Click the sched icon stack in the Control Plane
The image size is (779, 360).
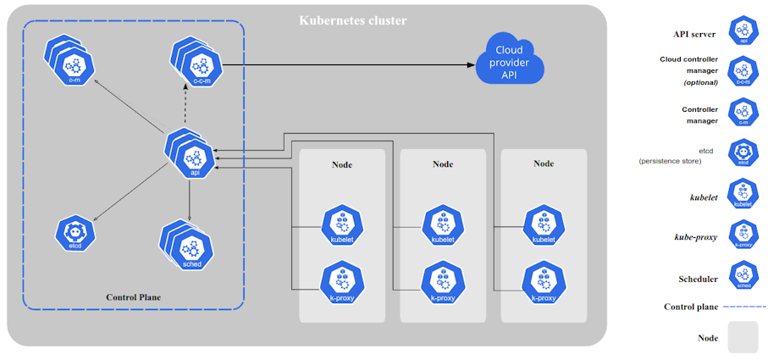(189, 247)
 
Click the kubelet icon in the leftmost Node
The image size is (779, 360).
(342, 226)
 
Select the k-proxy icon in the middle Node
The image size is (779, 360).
(441, 283)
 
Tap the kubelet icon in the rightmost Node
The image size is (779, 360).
(543, 226)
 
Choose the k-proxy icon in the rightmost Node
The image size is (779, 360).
(543, 283)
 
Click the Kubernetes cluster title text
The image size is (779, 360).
(352, 19)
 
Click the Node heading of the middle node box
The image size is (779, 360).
(443, 163)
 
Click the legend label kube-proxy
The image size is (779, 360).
(696, 237)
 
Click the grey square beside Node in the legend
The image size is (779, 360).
(743, 337)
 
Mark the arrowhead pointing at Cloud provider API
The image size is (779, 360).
(469, 64)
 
